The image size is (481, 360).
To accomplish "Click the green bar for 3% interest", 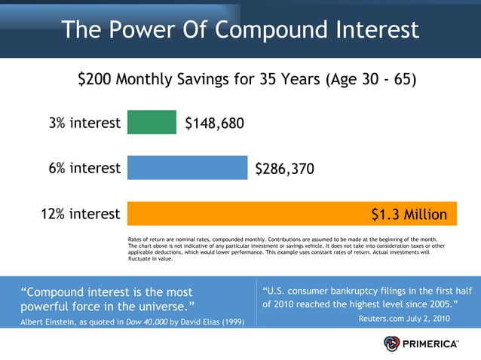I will (x=152, y=122).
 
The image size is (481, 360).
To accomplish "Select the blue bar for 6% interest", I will (x=187, y=168).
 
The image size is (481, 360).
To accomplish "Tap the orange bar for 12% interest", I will (x=249, y=214).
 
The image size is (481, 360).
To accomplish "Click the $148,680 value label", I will (x=215, y=123).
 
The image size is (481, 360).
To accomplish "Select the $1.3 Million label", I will (x=409, y=215).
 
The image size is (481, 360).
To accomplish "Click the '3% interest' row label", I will (x=84, y=123).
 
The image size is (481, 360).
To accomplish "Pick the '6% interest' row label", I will (x=84, y=168).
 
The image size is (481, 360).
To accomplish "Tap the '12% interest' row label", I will (x=80, y=214).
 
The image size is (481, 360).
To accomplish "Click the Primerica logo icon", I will (x=392, y=343).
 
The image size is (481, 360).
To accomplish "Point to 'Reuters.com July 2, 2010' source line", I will (x=404, y=319).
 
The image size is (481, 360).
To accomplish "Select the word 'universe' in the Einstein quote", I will (x=161, y=307).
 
